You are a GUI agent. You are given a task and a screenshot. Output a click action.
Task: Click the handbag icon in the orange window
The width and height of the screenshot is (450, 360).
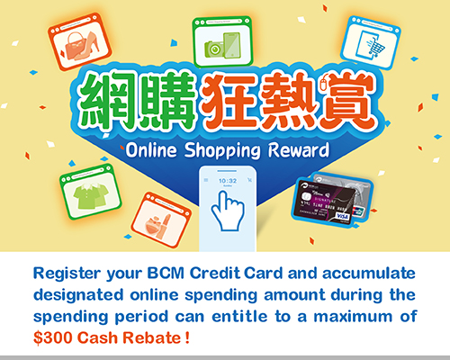pyautogui.click(x=76, y=46)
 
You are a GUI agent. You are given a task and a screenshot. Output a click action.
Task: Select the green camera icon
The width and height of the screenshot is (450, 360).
pyautogui.click(x=214, y=49)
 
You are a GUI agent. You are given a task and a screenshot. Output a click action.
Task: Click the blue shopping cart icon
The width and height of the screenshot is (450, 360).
pyautogui.click(x=376, y=47)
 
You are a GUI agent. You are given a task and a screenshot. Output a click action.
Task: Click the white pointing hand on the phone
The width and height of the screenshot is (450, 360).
pyautogui.click(x=228, y=211)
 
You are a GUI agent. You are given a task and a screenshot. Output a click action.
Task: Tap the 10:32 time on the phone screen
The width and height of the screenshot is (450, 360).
pyautogui.click(x=228, y=181)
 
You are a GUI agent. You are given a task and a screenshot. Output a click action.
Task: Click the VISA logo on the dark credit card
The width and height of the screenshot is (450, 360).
pyautogui.click(x=342, y=216)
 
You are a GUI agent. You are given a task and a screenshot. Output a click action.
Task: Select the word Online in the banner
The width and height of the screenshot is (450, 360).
pyautogui.click(x=151, y=149)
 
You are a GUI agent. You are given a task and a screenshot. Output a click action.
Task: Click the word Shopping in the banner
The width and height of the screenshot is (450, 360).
pyautogui.click(x=222, y=151)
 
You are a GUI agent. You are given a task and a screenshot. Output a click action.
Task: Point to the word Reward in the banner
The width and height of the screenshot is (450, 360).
pyautogui.click(x=299, y=149)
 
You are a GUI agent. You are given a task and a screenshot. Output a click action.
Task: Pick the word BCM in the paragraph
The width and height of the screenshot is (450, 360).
pyautogui.click(x=166, y=273)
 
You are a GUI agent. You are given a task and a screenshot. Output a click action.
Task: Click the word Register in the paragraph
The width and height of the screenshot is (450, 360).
pyautogui.click(x=67, y=274)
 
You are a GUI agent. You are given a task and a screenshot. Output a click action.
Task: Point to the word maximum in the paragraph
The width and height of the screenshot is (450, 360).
pyautogui.click(x=353, y=317)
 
